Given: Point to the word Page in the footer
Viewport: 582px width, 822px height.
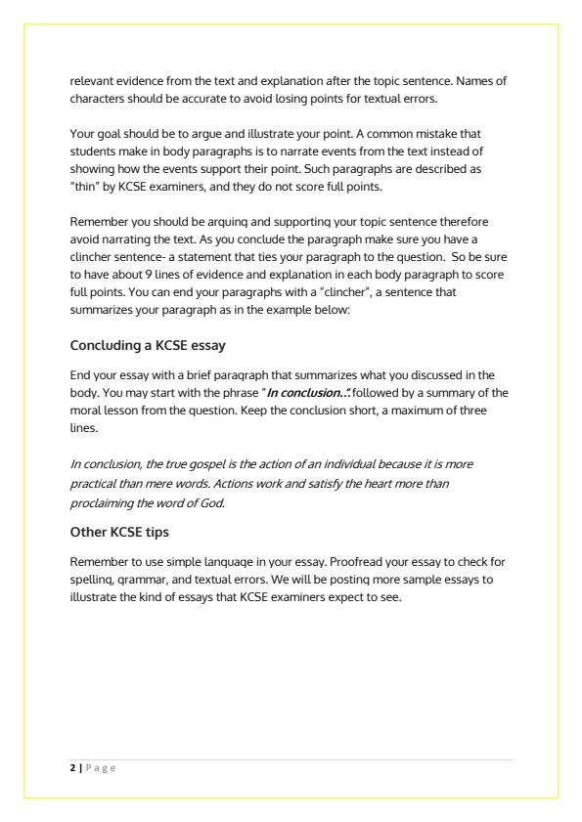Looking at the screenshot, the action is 99,769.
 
